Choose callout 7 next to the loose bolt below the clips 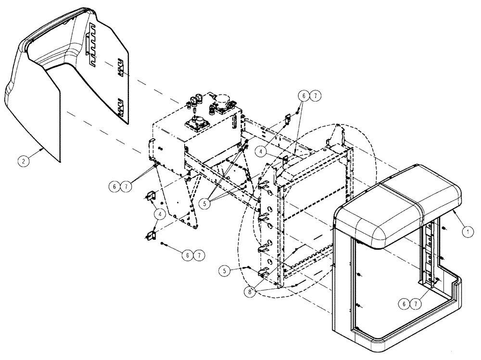click(x=198, y=255)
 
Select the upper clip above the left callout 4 click(x=150, y=195)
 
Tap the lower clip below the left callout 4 click(x=151, y=235)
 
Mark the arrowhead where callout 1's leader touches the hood click(x=454, y=210)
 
